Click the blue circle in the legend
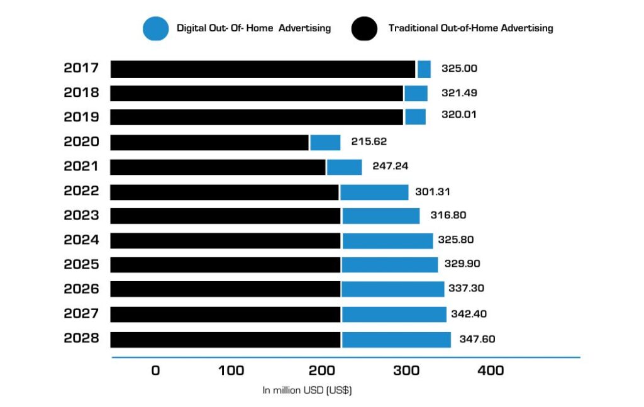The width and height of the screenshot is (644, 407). [155, 28]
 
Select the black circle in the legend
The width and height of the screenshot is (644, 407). [365, 28]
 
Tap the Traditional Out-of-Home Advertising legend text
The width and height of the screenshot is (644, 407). [470, 28]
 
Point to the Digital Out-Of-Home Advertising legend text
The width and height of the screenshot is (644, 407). [253, 28]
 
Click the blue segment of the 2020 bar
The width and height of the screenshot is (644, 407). [325, 143]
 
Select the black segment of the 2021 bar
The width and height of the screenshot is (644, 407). [218, 167]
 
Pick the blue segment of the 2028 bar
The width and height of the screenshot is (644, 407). [396, 340]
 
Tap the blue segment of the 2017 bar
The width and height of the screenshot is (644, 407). [424, 69]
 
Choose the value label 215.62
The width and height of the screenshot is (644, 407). [369, 142]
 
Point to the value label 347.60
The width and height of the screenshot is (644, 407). [477, 340]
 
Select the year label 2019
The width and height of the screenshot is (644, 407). [81, 118]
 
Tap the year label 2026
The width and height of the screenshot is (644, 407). [81, 289]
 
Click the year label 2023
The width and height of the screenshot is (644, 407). [81, 216]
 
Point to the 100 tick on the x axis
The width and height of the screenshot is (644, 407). [231, 371]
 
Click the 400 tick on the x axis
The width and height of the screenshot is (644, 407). [491, 371]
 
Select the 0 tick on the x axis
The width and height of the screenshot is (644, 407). [155, 371]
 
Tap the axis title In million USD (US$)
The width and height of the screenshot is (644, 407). [307, 391]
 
